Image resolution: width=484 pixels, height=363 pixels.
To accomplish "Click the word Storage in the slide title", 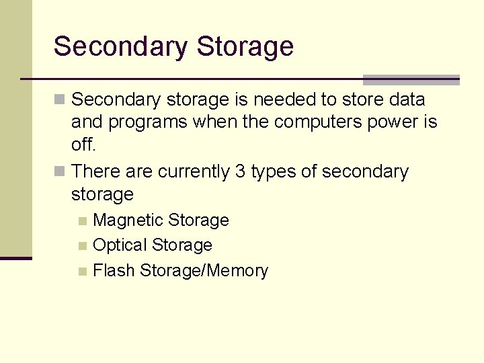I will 245,47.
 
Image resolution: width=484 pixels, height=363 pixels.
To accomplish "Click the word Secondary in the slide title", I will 120,47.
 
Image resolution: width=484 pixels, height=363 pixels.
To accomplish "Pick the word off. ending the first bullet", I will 83,145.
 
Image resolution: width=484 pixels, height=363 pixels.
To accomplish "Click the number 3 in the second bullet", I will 240,171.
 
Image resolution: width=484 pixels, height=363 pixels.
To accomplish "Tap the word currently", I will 194,171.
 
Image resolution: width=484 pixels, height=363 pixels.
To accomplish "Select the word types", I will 273,171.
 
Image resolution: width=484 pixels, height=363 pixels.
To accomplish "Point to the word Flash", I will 114,271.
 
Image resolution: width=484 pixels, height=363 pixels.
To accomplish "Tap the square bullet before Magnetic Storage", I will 82,221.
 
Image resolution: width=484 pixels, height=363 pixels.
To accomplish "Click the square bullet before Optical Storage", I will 82,246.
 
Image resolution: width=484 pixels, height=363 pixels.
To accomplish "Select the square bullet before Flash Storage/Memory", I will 82,272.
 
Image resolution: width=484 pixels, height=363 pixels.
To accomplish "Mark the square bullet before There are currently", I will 60,172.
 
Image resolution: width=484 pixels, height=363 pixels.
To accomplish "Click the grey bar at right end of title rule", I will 411,80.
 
